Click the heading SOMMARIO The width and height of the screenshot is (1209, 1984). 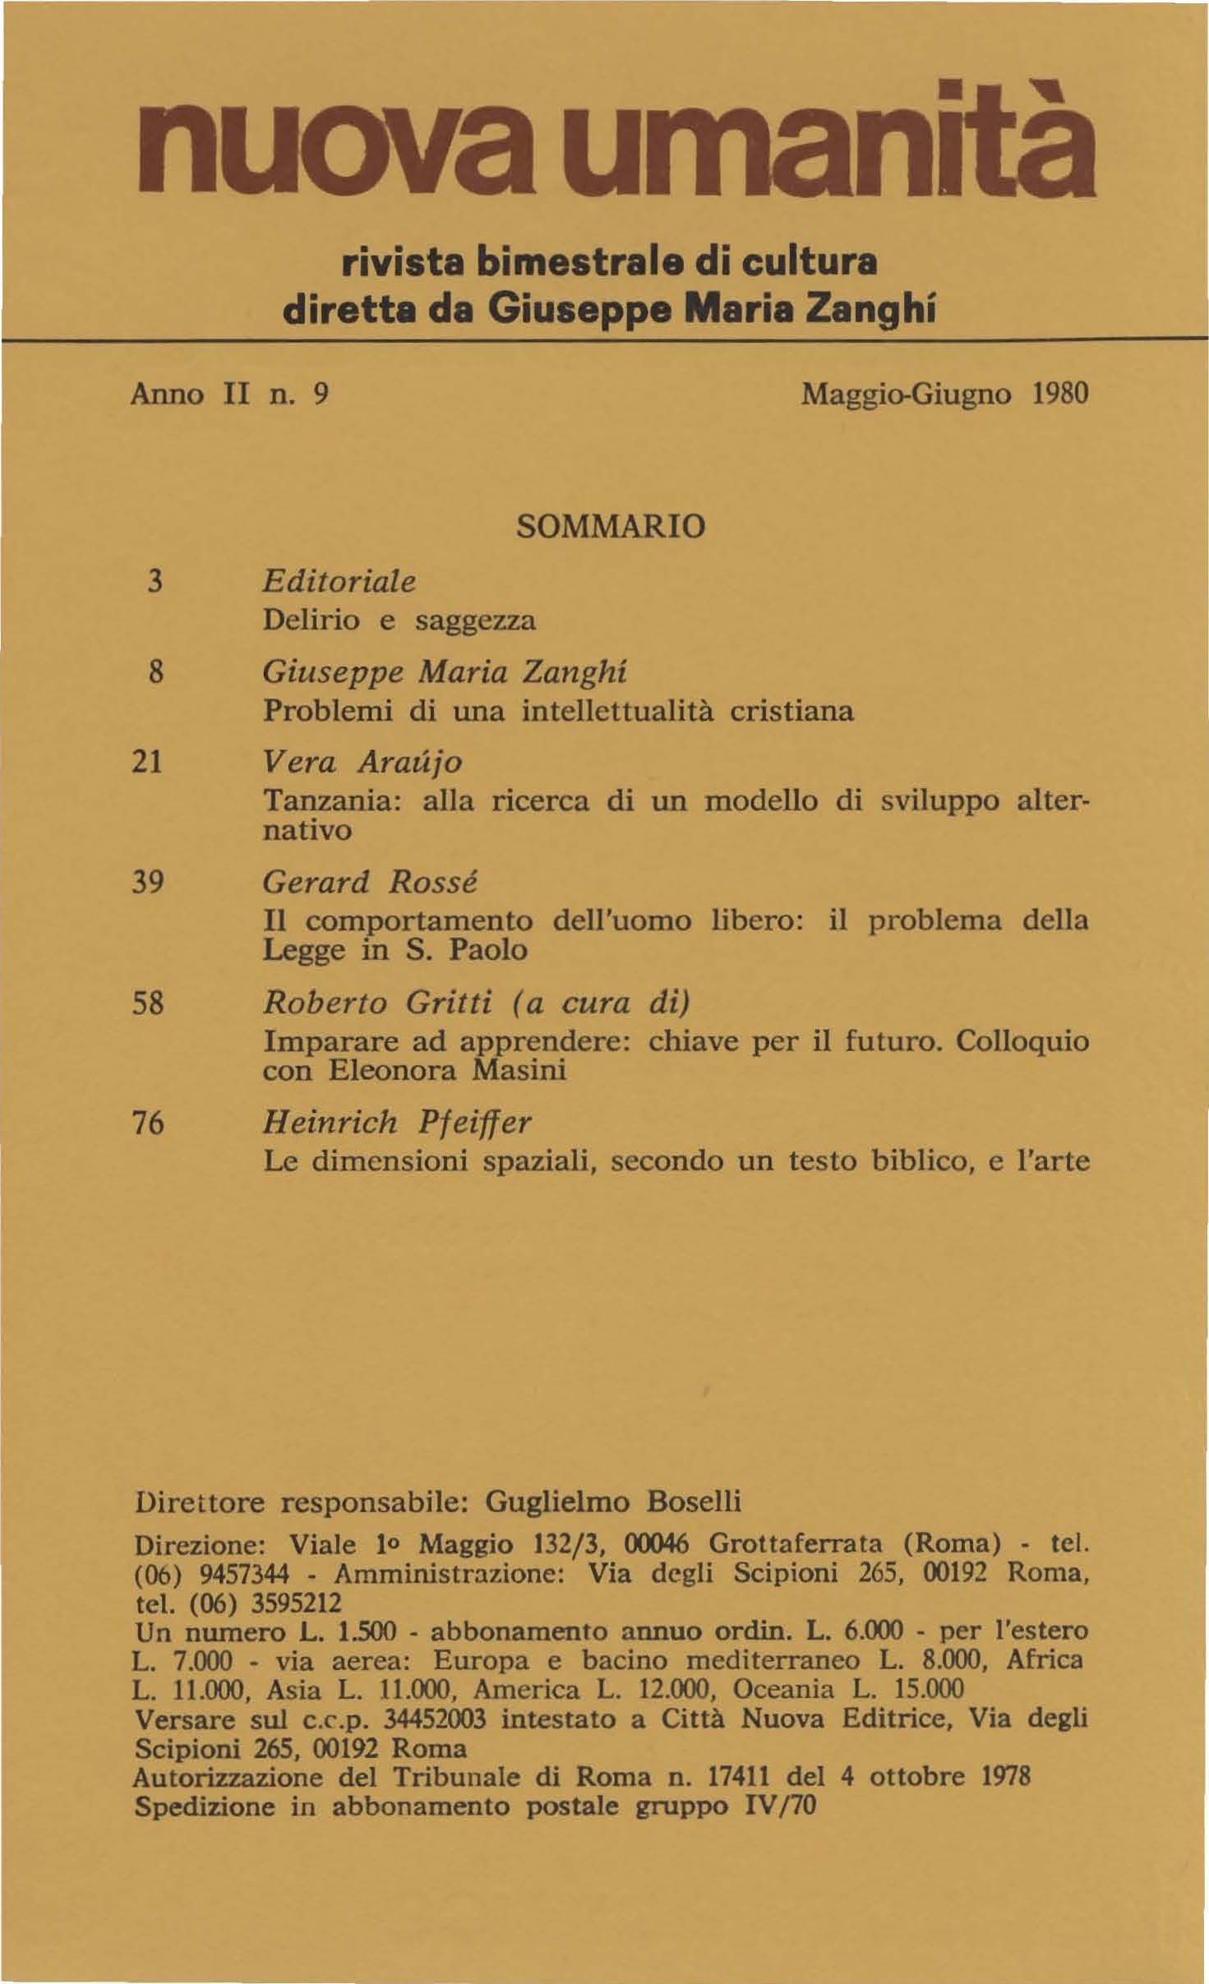(x=610, y=526)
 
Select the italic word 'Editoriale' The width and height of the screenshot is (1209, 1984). (x=339, y=582)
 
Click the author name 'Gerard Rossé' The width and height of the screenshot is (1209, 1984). (x=370, y=883)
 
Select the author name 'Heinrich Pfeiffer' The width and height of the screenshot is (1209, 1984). (x=396, y=1122)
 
